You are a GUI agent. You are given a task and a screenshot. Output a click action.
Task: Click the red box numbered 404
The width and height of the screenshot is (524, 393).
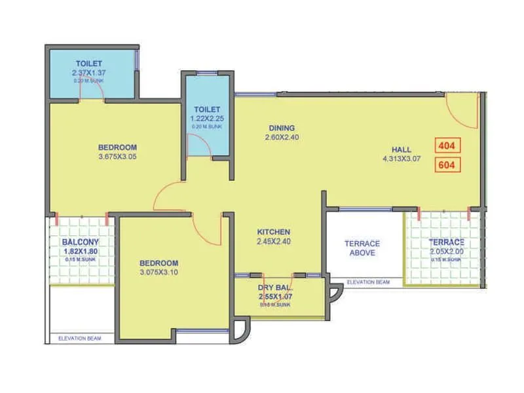point(448,145)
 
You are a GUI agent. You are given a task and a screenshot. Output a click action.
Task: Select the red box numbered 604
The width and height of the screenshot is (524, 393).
point(448,165)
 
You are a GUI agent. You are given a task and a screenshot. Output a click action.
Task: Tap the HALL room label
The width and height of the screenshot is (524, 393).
point(402,150)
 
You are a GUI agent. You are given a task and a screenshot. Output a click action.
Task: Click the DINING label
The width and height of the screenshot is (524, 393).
point(282,128)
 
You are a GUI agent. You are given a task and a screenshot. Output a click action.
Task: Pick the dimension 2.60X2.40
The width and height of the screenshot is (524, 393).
point(282,138)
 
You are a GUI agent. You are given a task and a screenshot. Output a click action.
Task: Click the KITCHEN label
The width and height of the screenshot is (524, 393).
point(273,232)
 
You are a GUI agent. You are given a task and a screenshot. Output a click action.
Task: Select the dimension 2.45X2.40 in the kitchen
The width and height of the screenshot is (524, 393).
point(273,242)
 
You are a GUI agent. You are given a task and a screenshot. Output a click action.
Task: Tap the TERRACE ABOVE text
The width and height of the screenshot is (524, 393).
point(362,248)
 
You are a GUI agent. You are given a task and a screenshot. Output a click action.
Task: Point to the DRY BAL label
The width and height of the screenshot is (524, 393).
point(275,288)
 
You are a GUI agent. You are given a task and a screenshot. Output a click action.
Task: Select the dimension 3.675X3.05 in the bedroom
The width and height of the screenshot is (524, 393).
point(117,157)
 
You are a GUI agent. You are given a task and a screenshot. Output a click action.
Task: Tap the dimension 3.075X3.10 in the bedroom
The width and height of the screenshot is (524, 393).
point(159,272)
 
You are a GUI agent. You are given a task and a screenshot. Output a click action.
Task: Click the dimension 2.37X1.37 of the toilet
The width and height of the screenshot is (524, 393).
point(88,73)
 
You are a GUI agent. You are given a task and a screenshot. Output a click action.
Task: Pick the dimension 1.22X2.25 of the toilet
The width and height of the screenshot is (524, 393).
point(206,119)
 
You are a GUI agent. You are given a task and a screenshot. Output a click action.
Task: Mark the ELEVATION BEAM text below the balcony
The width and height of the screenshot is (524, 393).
point(79,338)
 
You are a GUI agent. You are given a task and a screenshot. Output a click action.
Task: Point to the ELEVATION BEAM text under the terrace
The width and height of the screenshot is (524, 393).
point(368,282)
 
